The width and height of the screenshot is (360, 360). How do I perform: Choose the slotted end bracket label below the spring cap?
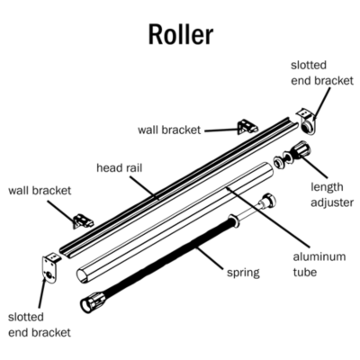point(39,325)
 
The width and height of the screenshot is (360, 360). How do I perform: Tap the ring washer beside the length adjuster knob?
point(282,161)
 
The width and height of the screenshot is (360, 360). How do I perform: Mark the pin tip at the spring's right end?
point(267,200)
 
